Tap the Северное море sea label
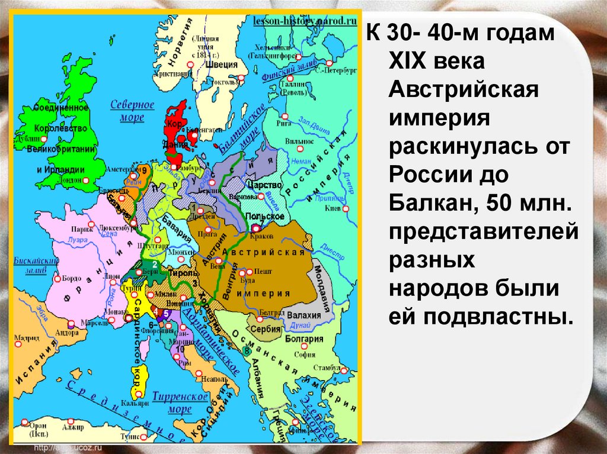coord(132,111)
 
